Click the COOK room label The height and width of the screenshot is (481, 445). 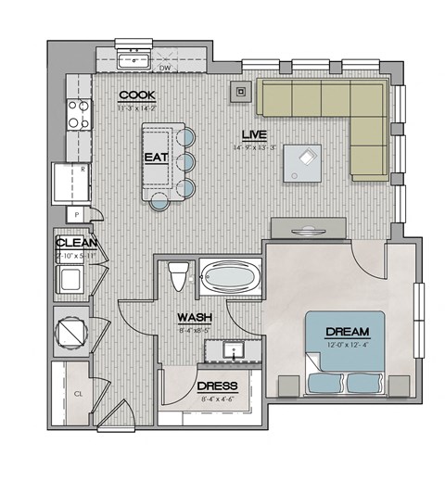(136, 96)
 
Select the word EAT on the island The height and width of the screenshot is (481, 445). (155, 158)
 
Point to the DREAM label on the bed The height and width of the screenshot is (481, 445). (348, 332)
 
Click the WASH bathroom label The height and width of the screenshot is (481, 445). (196, 317)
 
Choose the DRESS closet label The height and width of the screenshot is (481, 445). (218, 386)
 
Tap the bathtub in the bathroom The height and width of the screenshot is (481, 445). (231, 277)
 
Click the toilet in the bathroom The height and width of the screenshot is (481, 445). (180, 276)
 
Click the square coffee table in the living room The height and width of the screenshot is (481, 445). (303, 163)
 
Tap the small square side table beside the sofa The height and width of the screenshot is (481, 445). (242, 91)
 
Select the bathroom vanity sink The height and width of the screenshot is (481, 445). (232, 350)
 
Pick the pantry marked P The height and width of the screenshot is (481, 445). (78, 214)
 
